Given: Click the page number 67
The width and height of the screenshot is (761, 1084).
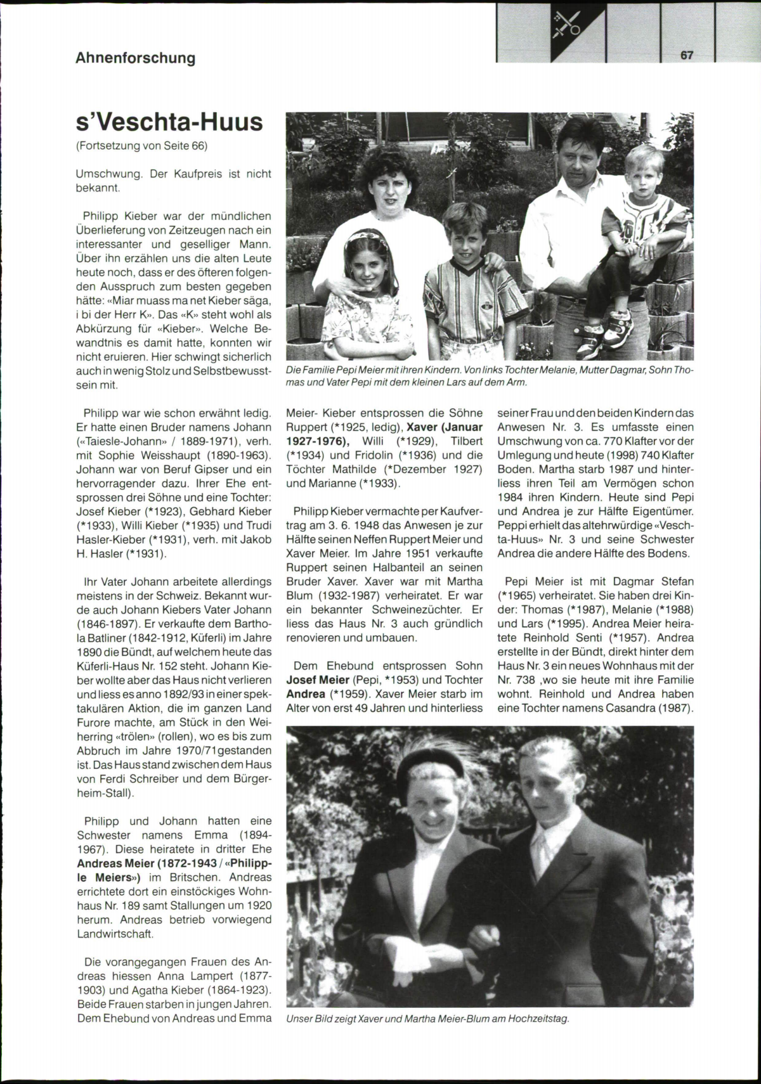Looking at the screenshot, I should click(686, 55).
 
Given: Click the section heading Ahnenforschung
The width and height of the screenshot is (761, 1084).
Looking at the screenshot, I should click(135, 58).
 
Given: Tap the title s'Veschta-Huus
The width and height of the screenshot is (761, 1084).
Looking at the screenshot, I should click(169, 121).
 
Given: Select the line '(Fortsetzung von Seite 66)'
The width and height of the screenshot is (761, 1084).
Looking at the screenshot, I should click(141, 146).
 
